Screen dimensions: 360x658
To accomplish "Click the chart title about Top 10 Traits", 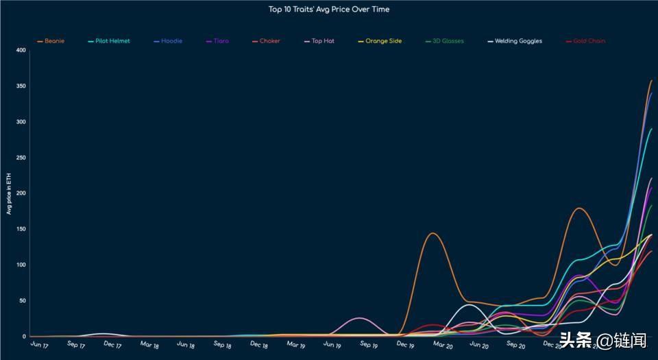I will [x=329, y=10].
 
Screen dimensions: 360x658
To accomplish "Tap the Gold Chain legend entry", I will [x=589, y=41].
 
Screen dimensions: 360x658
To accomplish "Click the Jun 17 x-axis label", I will [x=40, y=344].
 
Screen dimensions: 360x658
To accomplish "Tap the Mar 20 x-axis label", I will [x=443, y=345].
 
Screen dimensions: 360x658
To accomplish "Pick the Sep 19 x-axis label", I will [x=369, y=345].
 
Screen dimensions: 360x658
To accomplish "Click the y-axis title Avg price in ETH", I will [x=9, y=194].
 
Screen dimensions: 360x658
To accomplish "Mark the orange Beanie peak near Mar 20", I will [x=433, y=233].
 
